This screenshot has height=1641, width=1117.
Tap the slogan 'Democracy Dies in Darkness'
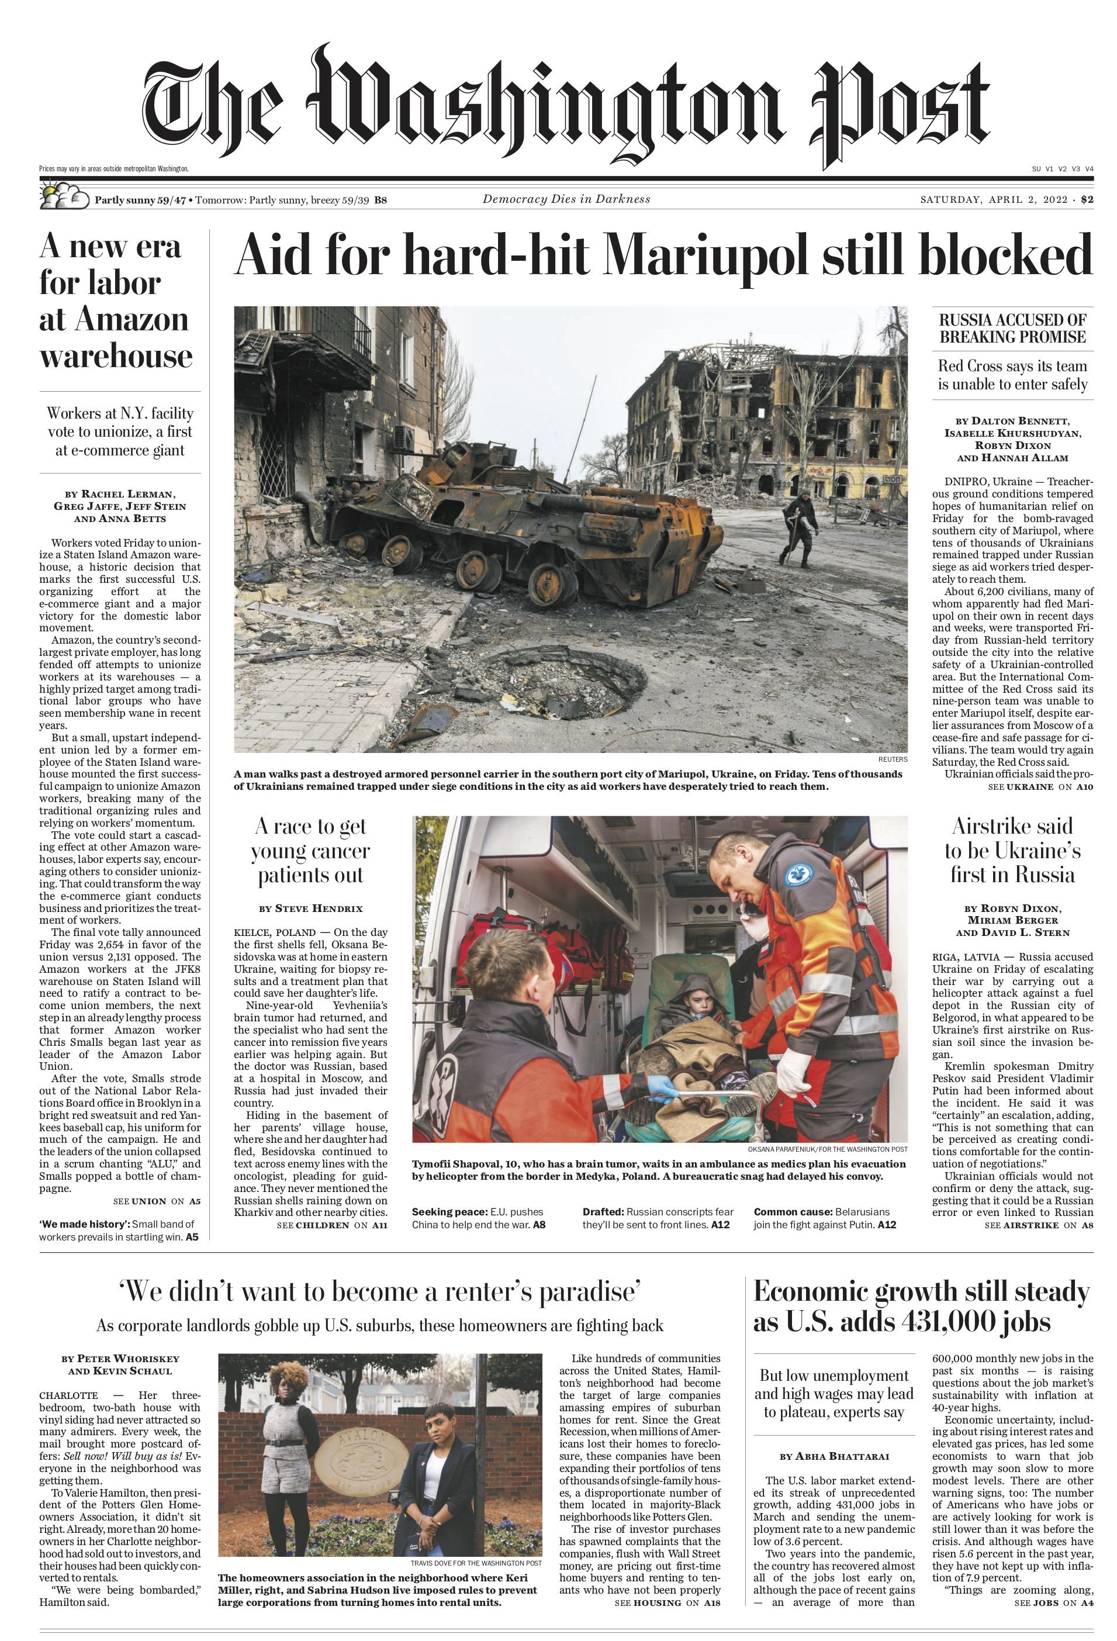(x=566, y=199)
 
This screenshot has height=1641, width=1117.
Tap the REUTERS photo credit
(x=893, y=760)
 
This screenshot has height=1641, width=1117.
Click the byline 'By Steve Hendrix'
(x=311, y=908)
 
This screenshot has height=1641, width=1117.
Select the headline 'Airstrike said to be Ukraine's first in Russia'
(x=1012, y=850)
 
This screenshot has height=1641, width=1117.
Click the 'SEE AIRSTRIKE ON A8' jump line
(x=1039, y=1225)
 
